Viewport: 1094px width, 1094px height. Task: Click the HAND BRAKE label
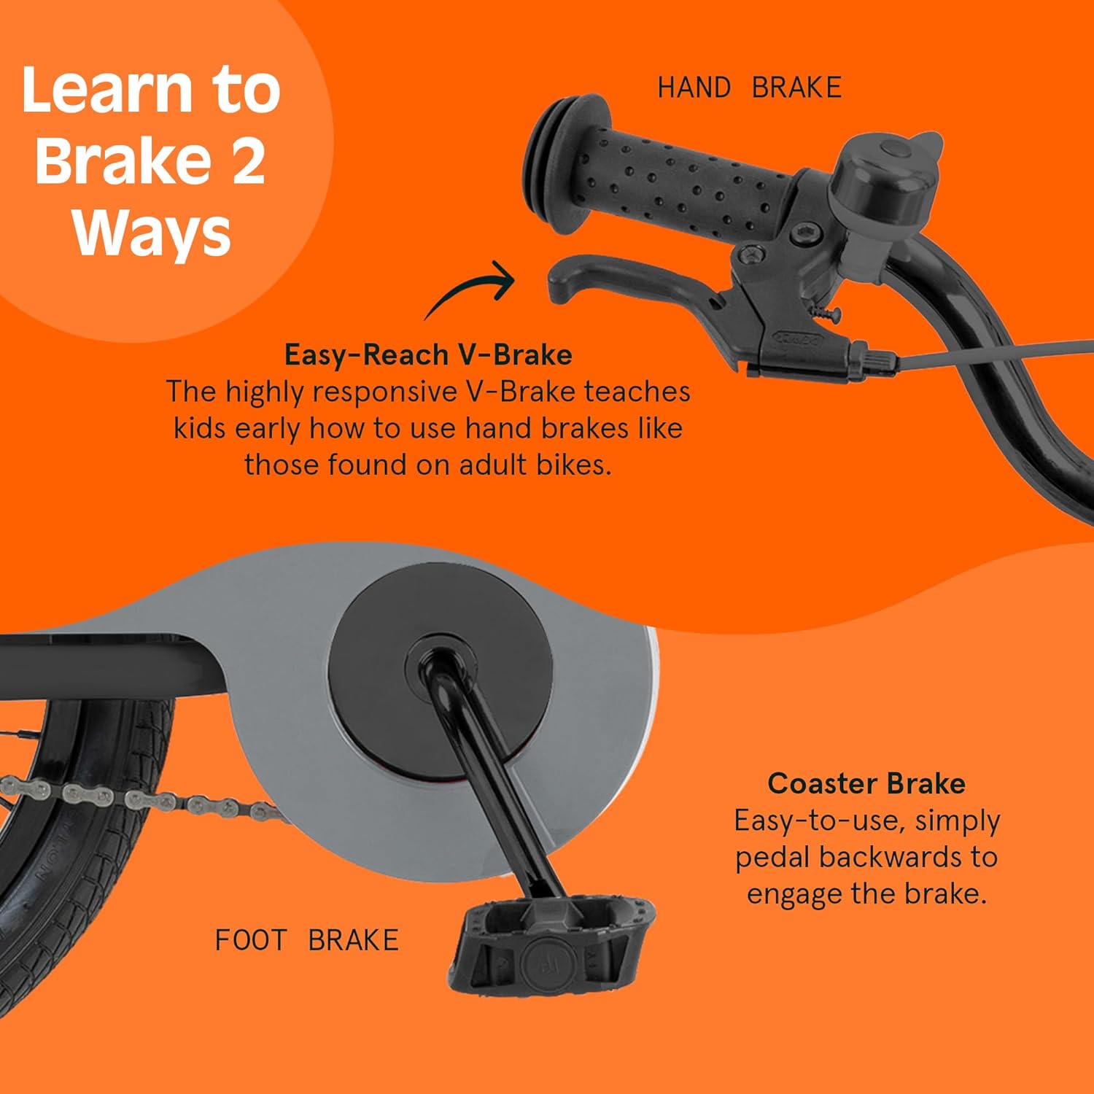(x=750, y=88)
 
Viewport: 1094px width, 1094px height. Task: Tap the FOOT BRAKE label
(x=307, y=940)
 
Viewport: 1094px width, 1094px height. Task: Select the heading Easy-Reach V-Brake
(x=428, y=354)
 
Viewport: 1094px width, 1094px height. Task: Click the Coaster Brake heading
(x=866, y=783)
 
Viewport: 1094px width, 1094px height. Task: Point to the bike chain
(x=139, y=799)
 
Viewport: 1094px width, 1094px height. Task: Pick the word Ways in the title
(x=152, y=233)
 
